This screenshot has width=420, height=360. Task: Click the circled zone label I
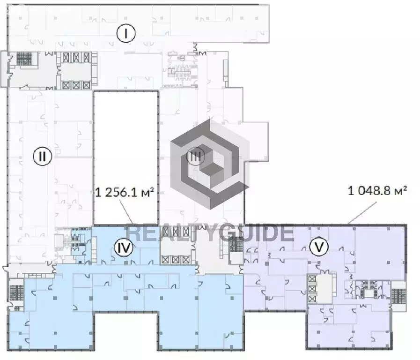tap(126, 33)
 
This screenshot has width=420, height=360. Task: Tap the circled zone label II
tap(42, 156)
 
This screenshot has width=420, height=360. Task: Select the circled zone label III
tap(195, 156)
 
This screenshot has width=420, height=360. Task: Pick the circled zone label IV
tap(124, 247)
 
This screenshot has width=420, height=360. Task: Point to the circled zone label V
tap(319, 247)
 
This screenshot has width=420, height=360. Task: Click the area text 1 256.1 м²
tap(125, 192)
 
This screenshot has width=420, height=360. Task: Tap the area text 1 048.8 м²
tap(377, 191)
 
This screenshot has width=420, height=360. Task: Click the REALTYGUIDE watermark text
tap(210, 233)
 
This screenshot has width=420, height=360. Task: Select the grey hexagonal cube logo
tap(210, 164)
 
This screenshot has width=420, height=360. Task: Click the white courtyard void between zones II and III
tap(125, 158)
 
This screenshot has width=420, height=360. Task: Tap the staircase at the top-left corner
tap(24, 59)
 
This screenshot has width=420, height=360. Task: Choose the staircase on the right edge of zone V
tap(398, 296)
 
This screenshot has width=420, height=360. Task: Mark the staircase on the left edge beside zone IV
tap(16, 292)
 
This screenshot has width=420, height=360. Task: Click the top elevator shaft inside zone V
tap(312, 279)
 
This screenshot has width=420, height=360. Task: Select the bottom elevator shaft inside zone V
tap(312, 299)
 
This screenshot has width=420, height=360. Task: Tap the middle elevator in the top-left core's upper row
tap(76, 57)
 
